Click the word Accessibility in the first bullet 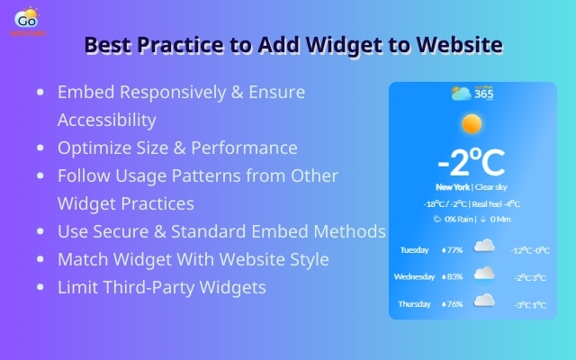(107, 120)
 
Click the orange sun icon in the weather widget (471, 124)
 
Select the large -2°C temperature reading (471, 163)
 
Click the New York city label (453, 187)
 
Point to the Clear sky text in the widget (491, 187)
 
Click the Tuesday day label (415, 249)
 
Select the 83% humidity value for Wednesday (452, 276)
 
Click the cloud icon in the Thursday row (484, 301)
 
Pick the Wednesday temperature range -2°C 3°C (529, 277)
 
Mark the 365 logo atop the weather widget (472, 94)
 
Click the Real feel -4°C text (497, 203)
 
